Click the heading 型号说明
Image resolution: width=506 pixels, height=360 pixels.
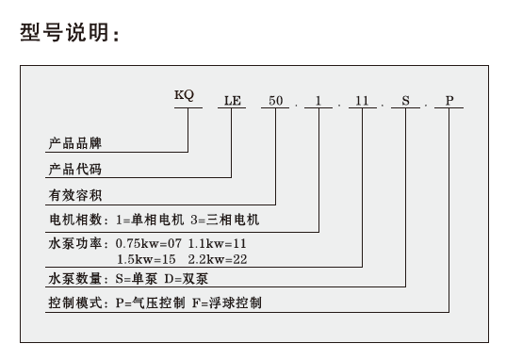[x=71, y=36]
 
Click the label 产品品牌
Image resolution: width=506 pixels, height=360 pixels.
[x=74, y=145]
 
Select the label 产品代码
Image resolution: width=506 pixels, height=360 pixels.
[x=74, y=171]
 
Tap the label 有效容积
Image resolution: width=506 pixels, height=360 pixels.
[x=74, y=196]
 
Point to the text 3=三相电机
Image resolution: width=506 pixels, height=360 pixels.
[x=223, y=221]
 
